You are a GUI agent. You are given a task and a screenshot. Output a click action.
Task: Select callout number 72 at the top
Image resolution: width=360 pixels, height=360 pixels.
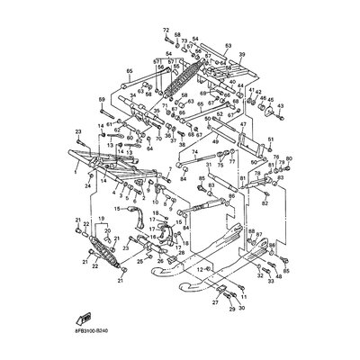166,31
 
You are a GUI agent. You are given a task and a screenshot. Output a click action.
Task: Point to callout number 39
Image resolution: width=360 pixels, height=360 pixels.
241,56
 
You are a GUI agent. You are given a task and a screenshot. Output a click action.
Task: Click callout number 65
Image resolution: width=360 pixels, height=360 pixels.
130,70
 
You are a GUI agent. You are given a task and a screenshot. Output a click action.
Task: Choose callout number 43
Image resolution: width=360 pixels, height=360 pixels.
281,109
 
